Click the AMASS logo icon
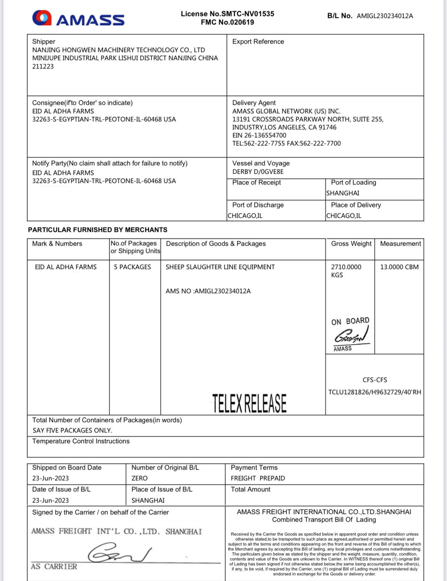[x=42, y=18]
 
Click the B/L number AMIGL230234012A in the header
[x=385, y=16]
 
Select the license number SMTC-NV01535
[x=248, y=14]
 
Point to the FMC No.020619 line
[x=227, y=22]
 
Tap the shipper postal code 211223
[x=43, y=66]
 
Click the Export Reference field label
[x=258, y=41]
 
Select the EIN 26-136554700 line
[x=259, y=135]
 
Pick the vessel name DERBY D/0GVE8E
[x=258, y=171]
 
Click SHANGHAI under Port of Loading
[x=343, y=193]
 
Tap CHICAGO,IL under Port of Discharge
[x=245, y=215]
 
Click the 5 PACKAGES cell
[x=132, y=267]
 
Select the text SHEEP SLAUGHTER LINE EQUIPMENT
[x=220, y=267]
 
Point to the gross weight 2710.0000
[x=346, y=267]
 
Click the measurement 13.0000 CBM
[x=399, y=267]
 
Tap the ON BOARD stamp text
[x=350, y=321]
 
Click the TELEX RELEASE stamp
[x=249, y=403]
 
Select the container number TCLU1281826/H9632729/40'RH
[x=374, y=392]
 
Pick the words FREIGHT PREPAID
[x=258, y=478]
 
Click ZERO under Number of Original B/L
[x=139, y=478]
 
